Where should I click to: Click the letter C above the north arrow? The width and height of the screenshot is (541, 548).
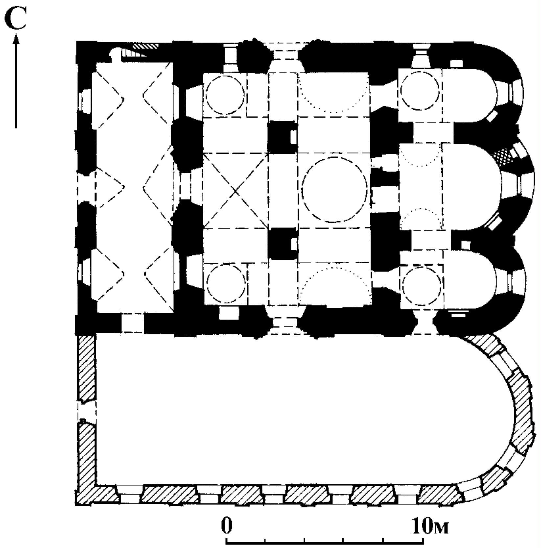[16, 18]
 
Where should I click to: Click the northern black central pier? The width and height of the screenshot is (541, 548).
[282, 137]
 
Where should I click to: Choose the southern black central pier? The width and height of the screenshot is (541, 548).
[283, 243]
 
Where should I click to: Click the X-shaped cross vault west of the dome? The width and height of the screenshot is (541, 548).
[236, 191]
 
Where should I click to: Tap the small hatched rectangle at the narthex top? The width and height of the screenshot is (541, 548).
[146, 45]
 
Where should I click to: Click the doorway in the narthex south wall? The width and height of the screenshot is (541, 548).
[132, 323]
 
